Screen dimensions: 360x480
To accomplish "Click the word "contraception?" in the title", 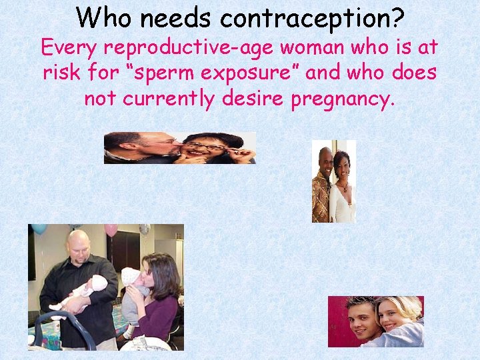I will (x=312, y=18).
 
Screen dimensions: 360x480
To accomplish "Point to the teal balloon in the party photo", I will (x=39, y=228).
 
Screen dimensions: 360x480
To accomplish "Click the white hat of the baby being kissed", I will (x=131, y=275).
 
